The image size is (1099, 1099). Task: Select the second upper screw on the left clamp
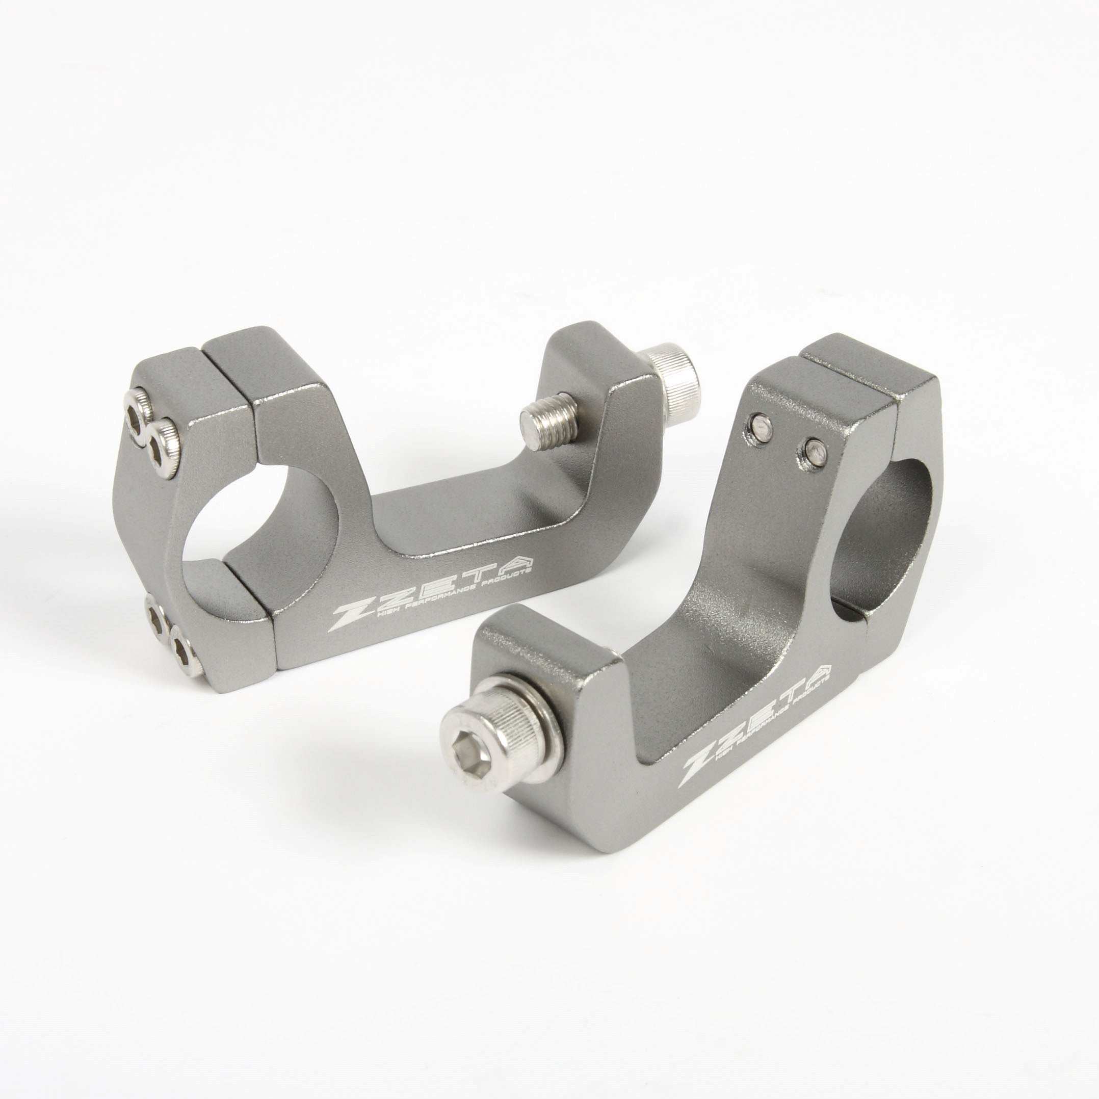[162, 441]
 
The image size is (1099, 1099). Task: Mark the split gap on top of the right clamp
[854, 378]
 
